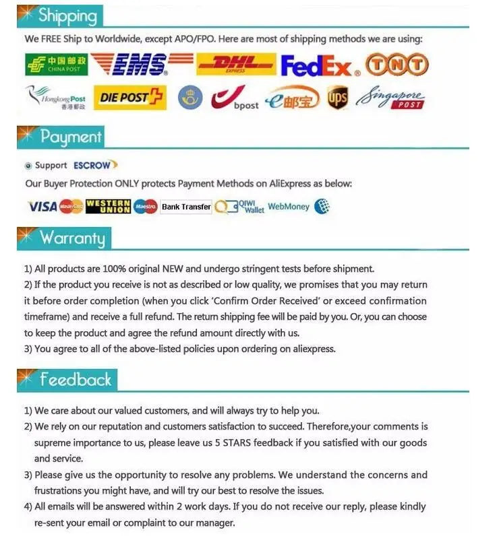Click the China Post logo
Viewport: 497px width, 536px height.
[56, 65]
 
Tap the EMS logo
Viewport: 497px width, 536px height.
[138, 65]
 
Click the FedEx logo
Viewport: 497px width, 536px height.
[317, 66]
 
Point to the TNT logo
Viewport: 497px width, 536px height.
[397, 65]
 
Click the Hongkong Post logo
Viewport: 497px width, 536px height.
[57, 98]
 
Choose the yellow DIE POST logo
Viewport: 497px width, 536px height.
[129, 98]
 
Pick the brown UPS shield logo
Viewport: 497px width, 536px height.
[337, 99]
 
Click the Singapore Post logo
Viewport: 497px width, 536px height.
[392, 98]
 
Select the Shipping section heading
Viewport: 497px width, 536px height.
[67, 15]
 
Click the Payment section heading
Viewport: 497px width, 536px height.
[70, 137]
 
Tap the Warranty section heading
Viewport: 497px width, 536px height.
[72, 237]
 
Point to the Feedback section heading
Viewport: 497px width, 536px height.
[75, 380]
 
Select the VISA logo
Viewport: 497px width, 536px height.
[42, 207]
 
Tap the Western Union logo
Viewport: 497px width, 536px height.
[108, 207]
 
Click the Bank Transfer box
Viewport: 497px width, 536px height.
[186, 207]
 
